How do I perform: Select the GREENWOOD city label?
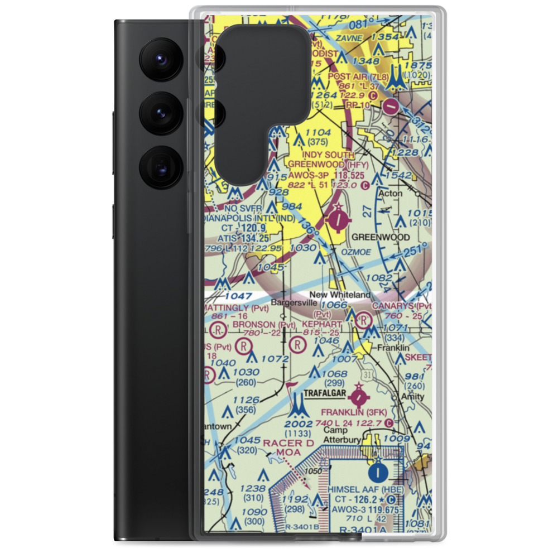point(381,237)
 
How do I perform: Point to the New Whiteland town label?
point(340,295)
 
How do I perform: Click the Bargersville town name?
point(294,304)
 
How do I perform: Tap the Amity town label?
point(413,397)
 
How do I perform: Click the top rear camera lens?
point(158,58)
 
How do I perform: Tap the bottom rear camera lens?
point(158,166)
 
